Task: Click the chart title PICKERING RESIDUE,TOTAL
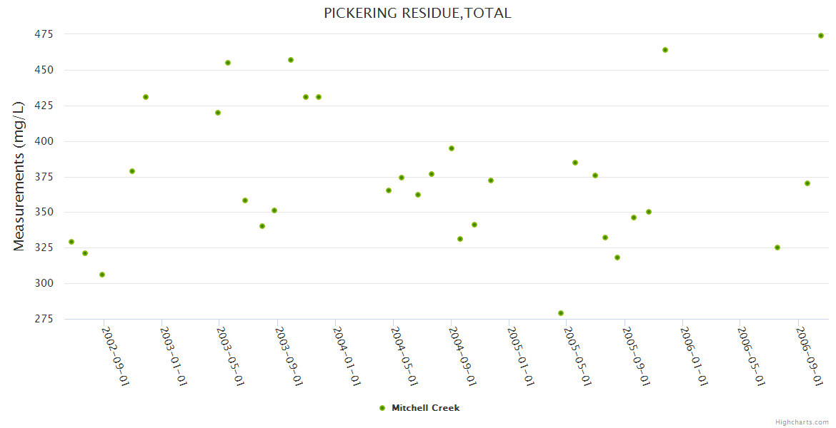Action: [417, 13]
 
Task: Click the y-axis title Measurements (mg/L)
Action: [19, 176]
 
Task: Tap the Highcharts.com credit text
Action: [802, 422]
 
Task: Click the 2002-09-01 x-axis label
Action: [115, 356]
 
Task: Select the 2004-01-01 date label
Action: [347, 356]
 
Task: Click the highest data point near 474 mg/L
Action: [821, 36]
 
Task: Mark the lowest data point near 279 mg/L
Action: [561, 313]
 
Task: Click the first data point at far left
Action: [71, 242]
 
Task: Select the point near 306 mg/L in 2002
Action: [102, 275]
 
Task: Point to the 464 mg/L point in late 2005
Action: [665, 50]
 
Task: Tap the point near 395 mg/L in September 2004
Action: [452, 148]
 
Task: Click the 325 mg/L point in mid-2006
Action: [777, 248]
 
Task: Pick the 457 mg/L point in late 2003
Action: [291, 60]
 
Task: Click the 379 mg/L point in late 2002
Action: [132, 171]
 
